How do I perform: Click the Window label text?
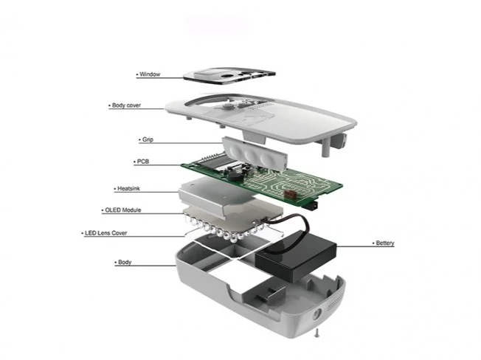pyautogui.click(x=150, y=75)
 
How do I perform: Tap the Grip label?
pyautogui.click(x=148, y=139)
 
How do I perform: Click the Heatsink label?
pyautogui.click(x=128, y=189)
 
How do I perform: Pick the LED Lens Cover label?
pyautogui.click(x=105, y=233)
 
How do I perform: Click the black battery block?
pyautogui.click(x=296, y=256)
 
